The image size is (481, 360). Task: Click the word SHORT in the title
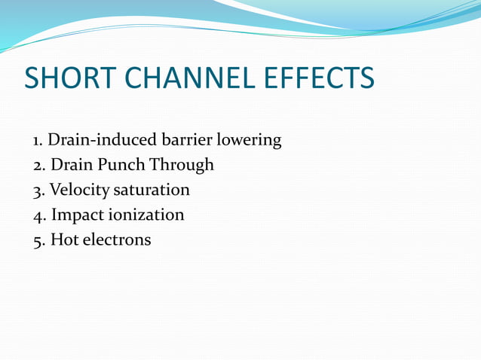pyautogui.click(x=70, y=78)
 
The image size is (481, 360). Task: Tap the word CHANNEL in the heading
pyautogui.click(x=189, y=78)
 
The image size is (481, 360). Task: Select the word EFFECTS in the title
pyautogui.click(x=319, y=78)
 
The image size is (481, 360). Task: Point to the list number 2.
pyautogui.click(x=39, y=166)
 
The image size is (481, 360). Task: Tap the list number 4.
pyautogui.click(x=40, y=216)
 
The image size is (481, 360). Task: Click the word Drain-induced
pyautogui.click(x=102, y=139)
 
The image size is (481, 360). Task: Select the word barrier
pyautogui.click(x=187, y=139)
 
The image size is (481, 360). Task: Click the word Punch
pyautogui.click(x=121, y=164)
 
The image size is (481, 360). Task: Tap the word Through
pyautogui.click(x=182, y=166)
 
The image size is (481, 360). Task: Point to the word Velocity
pyautogui.click(x=79, y=191)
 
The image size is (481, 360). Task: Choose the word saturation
pyautogui.click(x=152, y=191)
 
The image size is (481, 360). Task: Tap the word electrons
pyautogui.click(x=117, y=239)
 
